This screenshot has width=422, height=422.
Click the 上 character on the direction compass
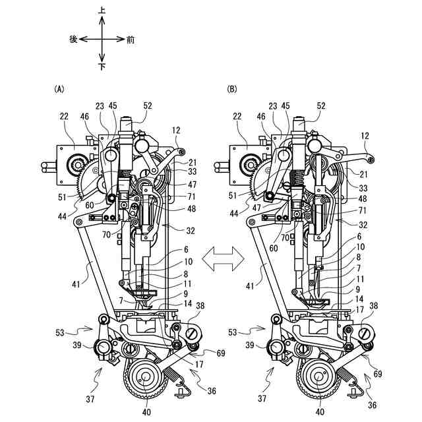pos(102,11)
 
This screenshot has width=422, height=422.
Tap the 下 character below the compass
pos(102,67)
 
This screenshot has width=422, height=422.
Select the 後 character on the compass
pos(74,40)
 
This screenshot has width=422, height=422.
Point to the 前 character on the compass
pos(131,40)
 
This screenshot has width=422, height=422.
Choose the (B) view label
pos(231,88)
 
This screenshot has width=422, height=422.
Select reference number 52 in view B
pos(321,105)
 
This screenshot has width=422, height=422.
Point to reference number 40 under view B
pos(320,411)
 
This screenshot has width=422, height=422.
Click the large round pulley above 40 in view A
pos(146,380)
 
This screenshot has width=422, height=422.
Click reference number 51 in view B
pos(234,196)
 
